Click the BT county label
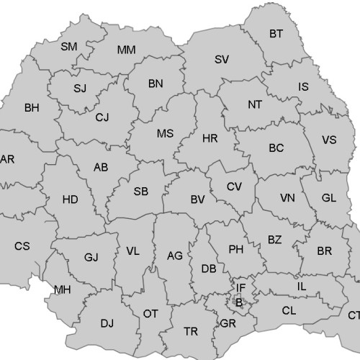(276, 33)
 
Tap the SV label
(221, 59)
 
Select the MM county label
(126, 50)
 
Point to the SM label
(68, 47)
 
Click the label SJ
(80, 89)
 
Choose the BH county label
(32, 108)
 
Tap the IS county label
(303, 87)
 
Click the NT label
(255, 104)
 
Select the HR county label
(210, 138)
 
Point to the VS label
(329, 140)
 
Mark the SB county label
(141, 192)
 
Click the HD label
(71, 199)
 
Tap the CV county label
(234, 186)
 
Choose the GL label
(328, 197)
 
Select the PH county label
(235, 250)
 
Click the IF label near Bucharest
(240, 288)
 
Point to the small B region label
(239, 302)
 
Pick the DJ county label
(107, 323)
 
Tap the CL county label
(289, 311)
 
